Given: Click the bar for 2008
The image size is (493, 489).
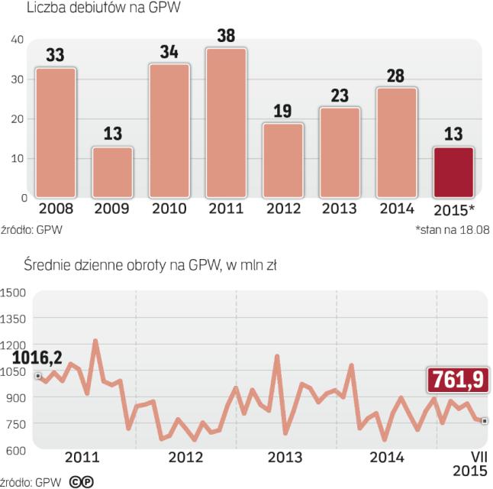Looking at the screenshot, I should (x=56, y=133).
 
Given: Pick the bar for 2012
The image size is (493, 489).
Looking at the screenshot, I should (x=283, y=160).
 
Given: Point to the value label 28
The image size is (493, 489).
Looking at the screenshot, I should (x=396, y=76).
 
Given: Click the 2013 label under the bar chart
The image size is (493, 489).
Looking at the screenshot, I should (x=340, y=209).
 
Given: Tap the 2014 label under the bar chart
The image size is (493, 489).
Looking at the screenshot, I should (x=396, y=209).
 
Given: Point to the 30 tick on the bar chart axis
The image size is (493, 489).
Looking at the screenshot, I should (x=17, y=79).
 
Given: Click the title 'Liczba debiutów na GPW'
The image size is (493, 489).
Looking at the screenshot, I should (x=97, y=9).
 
